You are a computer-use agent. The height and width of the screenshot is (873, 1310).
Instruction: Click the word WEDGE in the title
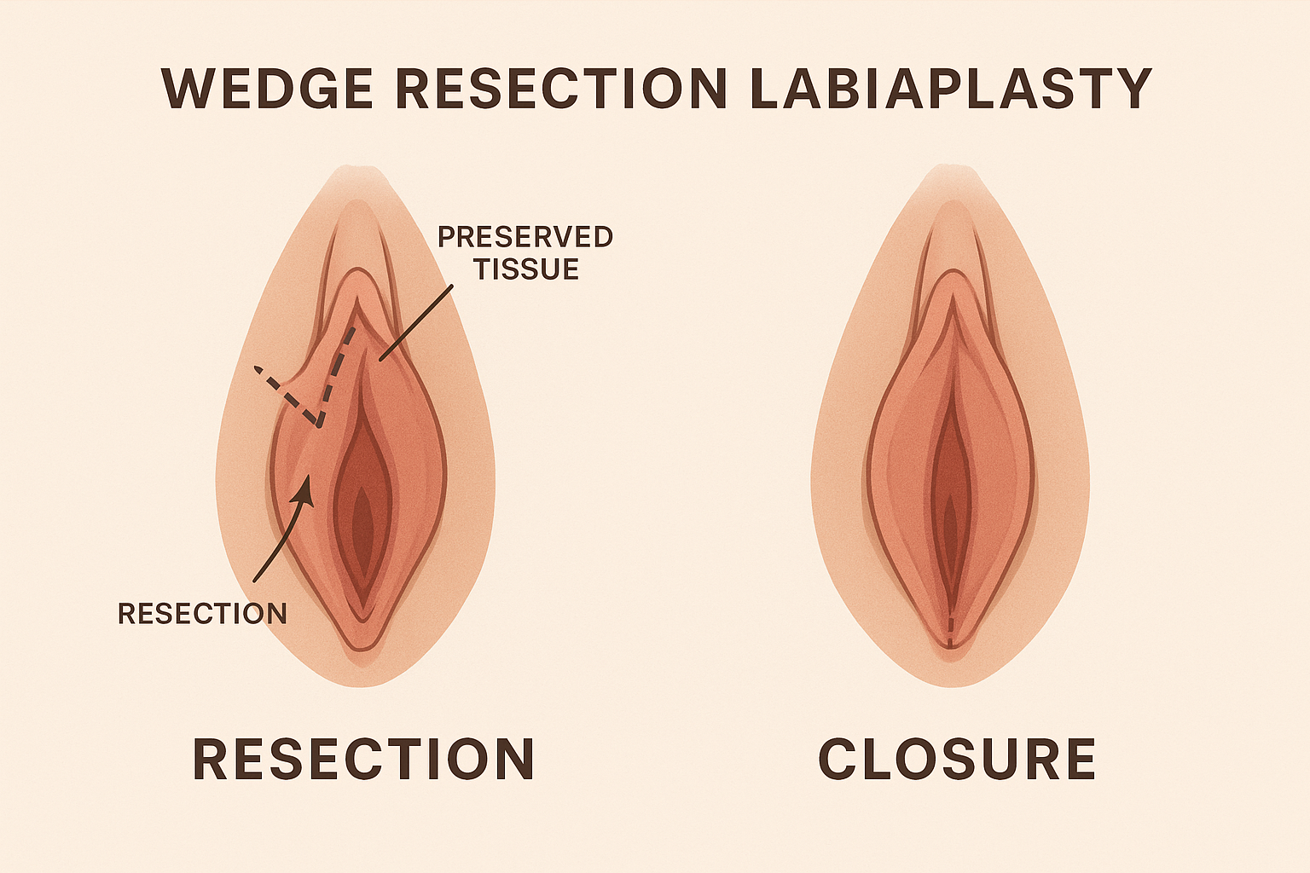click(x=267, y=89)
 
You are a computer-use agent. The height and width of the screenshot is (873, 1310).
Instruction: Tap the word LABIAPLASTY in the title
click(x=952, y=89)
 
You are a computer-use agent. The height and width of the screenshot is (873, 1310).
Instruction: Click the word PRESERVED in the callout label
click(x=525, y=237)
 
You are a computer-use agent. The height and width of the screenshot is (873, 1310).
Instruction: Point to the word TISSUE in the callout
click(x=526, y=269)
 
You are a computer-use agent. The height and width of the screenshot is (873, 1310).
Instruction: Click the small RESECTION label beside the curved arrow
click(x=202, y=613)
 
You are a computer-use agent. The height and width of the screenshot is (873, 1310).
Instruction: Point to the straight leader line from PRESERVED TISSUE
click(x=416, y=322)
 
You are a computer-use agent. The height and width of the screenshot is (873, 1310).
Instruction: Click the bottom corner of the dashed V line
click(x=318, y=425)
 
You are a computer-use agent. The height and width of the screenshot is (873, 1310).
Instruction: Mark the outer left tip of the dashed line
click(x=256, y=368)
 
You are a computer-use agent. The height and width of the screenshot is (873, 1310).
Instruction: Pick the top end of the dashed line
click(x=352, y=330)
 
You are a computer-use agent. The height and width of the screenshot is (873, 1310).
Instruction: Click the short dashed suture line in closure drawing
click(x=950, y=631)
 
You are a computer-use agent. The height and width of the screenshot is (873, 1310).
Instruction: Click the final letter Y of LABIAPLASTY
click(x=1133, y=89)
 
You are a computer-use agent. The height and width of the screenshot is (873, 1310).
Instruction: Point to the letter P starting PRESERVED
click(x=447, y=237)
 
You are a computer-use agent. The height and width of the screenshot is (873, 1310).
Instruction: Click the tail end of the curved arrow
click(x=254, y=581)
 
